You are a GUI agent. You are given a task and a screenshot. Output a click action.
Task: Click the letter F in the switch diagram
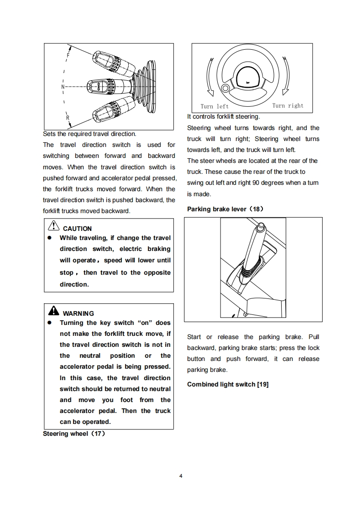[x=68, y=55]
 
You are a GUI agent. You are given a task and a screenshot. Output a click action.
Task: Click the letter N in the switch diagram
[x=63, y=86]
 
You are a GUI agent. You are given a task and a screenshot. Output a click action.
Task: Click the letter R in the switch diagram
[x=68, y=118]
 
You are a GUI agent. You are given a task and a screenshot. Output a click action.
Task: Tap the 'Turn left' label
[x=215, y=106]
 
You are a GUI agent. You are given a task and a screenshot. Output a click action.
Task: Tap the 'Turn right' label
[x=288, y=106]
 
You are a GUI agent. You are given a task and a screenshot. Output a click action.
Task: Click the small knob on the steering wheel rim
[x=225, y=89]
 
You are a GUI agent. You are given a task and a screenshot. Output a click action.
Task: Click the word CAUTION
[x=77, y=229]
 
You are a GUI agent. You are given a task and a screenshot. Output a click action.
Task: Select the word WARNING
[x=78, y=313]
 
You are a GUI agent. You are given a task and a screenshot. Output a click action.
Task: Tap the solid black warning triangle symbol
[x=53, y=312]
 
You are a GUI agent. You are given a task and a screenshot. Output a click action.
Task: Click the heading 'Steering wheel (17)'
[x=74, y=434]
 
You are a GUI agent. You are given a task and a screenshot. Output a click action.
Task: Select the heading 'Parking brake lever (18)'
[x=226, y=209]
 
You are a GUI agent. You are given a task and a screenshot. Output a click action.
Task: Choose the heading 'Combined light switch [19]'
[x=228, y=385]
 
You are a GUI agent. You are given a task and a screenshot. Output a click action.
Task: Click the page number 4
[x=181, y=476]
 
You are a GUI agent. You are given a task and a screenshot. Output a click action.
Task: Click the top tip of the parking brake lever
[x=260, y=225]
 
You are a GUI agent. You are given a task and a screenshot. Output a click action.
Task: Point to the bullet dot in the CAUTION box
[x=49, y=238]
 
